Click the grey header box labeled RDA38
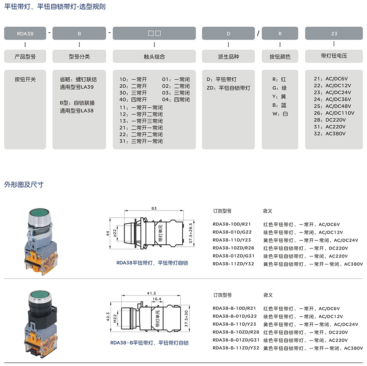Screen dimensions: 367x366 click(25, 33)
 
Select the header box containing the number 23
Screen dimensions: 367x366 click(334, 33)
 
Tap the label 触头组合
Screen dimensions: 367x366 click(154, 57)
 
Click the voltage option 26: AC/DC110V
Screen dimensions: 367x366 click(334, 113)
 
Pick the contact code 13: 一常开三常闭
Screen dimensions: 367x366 click(141, 121)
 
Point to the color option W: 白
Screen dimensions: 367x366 click(280, 114)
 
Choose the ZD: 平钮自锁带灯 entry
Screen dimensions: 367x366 click(229, 88)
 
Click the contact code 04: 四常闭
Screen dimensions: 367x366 click(176, 100)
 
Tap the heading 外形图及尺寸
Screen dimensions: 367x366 click(24, 185)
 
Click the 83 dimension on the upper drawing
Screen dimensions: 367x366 click(154, 208)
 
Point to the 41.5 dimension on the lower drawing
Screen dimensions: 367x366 click(152, 293)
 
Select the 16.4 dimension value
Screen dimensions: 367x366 click(157, 299)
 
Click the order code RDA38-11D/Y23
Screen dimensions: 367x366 click(232, 240)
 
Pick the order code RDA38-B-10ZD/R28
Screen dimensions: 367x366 click(236, 332)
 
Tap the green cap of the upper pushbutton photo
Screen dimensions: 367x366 click(39, 213)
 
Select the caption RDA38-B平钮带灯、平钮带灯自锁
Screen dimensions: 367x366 click(150, 343)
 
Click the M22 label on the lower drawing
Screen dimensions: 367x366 click(115, 318)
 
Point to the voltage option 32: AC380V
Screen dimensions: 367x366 click(330, 134)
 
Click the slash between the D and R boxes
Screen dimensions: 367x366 click(258, 33)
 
